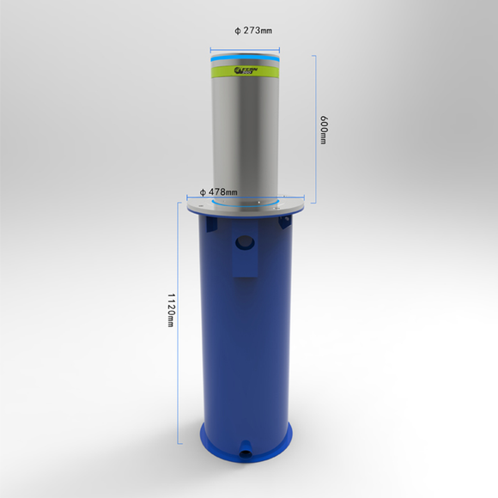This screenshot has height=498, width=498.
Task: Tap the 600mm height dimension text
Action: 324,129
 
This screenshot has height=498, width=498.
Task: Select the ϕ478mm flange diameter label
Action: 218,191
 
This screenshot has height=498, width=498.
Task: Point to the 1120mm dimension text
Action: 172,310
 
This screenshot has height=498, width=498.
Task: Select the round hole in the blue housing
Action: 246,241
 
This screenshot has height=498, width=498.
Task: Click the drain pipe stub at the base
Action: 246,447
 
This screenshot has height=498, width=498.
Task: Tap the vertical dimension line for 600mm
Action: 314,129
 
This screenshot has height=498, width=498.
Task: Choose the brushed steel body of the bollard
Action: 246,137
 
